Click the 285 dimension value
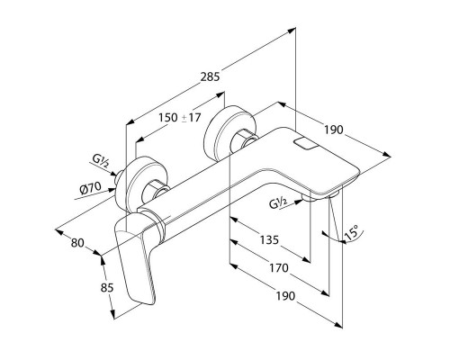tap(210, 76)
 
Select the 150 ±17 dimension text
tap(179, 117)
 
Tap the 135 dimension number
tap(269, 240)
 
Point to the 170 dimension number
tap(279, 267)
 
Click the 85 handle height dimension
tap(107, 288)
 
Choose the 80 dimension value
tap(77, 243)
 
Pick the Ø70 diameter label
tap(90, 188)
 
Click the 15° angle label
tap(352, 232)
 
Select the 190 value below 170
tap(285, 296)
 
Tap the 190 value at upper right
tap(333, 130)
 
